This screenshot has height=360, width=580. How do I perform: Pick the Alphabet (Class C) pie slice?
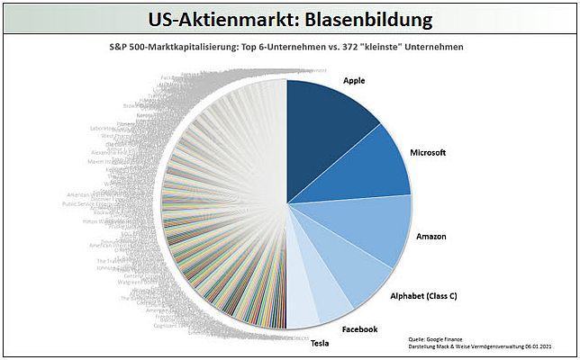[x=347, y=279]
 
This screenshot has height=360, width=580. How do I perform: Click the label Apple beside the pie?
[x=355, y=80]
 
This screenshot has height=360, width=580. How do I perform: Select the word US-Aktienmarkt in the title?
[x=218, y=18]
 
